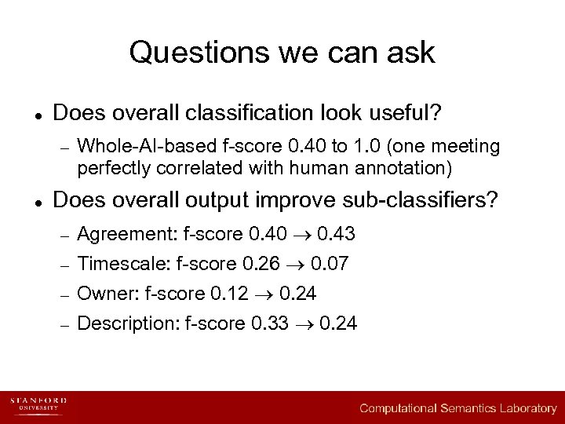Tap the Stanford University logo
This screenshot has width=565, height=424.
38,406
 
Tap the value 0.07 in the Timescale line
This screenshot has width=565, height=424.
330,265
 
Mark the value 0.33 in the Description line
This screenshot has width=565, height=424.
270,323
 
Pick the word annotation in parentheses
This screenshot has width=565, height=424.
406,167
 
